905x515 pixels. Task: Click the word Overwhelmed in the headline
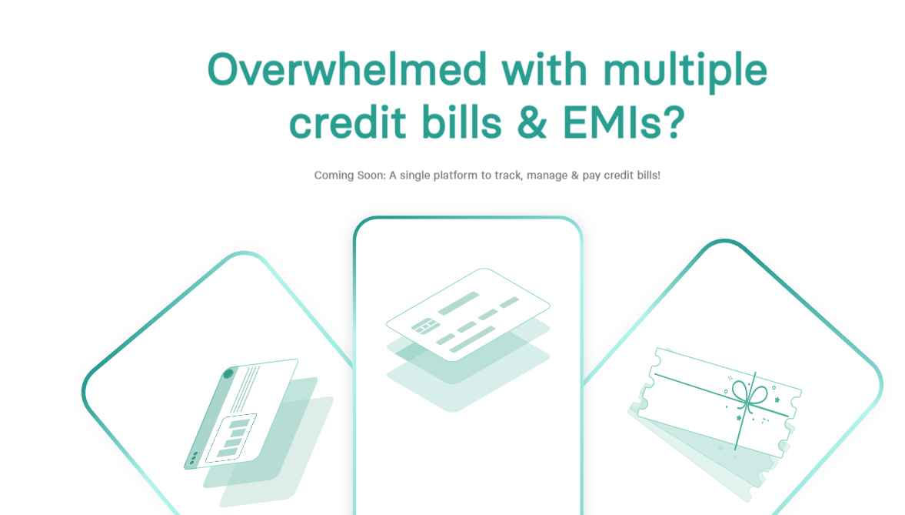348,69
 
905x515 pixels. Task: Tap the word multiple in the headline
685,72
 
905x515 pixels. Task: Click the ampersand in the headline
532,122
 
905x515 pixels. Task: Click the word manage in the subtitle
547,176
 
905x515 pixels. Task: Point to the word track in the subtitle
508,176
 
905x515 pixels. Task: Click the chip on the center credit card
424,326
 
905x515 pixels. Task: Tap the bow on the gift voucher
749,395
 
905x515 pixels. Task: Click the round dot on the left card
228,374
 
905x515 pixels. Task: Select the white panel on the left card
231,437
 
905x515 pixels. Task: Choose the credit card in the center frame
468,314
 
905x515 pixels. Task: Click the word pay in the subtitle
591,176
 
